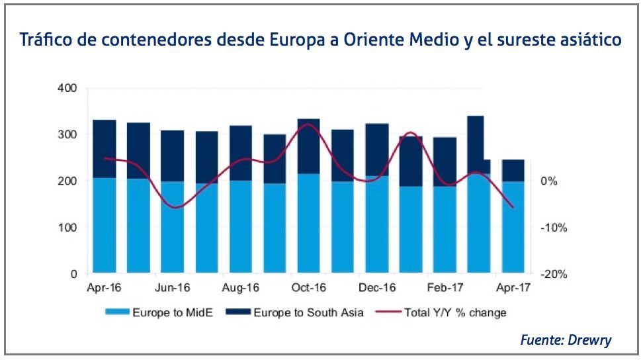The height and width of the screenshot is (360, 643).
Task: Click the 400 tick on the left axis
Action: (x=68, y=88)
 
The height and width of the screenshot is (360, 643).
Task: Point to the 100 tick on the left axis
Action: (x=68, y=227)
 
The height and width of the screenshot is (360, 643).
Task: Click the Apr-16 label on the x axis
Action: (x=104, y=288)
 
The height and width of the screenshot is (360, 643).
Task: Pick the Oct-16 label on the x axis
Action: (x=308, y=288)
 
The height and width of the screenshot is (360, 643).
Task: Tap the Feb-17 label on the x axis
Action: (x=445, y=288)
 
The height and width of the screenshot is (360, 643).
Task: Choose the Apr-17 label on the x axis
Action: (x=513, y=288)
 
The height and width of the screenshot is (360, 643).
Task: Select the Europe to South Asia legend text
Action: (x=308, y=312)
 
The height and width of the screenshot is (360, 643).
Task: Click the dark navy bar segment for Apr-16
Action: (x=105, y=149)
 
